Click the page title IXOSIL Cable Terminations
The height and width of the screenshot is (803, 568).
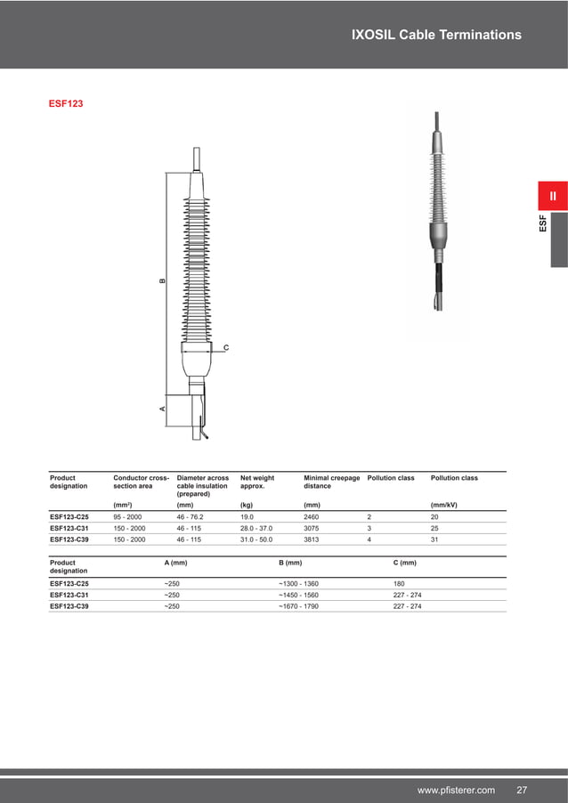[x=436, y=35]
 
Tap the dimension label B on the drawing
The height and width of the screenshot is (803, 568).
[x=162, y=280]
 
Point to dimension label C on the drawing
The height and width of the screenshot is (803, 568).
[x=225, y=347]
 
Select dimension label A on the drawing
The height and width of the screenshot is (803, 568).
[x=162, y=408]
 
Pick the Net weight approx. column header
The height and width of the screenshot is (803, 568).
[x=257, y=482]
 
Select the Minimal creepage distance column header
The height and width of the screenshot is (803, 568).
[x=331, y=482]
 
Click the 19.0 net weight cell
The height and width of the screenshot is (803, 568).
[x=248, y=515]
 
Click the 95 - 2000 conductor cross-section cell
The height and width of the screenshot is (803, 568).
[x=129, y=515]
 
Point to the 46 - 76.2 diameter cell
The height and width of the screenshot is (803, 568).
[x=196, y=515]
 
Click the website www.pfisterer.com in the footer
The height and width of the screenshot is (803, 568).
[x=456, y=791]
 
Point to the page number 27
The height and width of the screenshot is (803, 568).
[x=522, y=791]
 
